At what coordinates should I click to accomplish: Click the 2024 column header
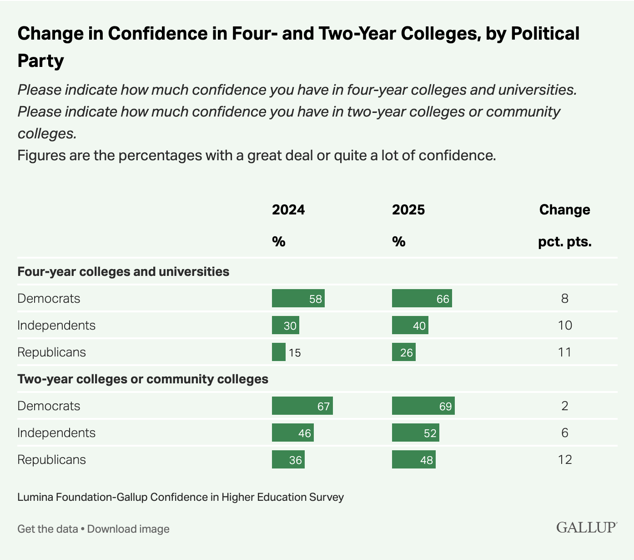[288, 210]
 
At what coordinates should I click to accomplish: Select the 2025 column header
[408, 210]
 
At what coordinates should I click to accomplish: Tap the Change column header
[564, 210]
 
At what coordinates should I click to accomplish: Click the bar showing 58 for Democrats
[298, 299]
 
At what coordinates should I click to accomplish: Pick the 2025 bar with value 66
[422, 299]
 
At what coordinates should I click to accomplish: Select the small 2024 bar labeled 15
[279, 352]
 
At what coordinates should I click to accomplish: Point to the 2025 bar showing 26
[403, 352]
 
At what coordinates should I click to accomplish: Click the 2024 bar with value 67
[302, 406]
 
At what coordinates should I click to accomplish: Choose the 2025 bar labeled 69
[423, 406]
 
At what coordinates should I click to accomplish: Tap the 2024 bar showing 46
[292, 433]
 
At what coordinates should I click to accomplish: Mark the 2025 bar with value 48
[413, 460]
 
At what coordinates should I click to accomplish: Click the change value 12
[564, 460]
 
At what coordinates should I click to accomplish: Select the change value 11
[564, 352]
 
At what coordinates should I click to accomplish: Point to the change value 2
[564, 406]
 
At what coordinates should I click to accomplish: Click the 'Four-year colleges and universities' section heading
[123, 272]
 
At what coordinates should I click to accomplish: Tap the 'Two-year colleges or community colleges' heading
[143, 379]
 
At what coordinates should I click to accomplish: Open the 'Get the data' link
[47, 529]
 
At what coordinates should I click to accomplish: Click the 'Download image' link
[128, 529]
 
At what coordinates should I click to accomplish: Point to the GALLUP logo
[586, 528]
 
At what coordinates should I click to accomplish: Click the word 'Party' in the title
[40, 61]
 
